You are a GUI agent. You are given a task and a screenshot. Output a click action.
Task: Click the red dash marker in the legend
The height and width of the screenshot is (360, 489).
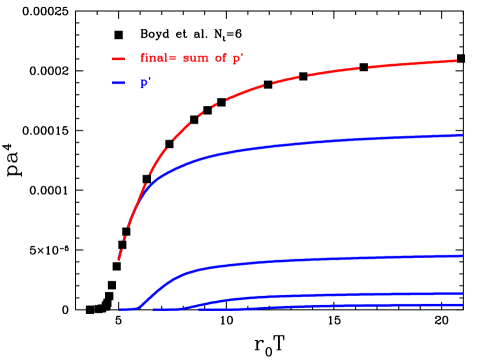[118, 60]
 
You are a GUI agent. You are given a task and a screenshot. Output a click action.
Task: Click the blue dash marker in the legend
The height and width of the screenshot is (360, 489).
[118, 84]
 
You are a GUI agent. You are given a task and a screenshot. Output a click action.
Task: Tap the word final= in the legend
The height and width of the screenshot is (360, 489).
[158, 59]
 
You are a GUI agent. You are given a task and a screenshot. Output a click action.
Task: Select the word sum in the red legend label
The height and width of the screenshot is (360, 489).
[196, 59]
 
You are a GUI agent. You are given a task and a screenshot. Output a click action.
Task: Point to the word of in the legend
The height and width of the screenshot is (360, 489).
[221, 59]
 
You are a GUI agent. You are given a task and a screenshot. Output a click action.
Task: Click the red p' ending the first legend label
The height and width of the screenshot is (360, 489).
[238, 60]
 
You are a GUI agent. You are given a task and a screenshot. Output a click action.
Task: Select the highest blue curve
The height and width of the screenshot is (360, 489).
[300, 144]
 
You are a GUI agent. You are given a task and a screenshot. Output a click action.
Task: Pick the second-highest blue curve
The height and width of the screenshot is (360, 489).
[300, 260]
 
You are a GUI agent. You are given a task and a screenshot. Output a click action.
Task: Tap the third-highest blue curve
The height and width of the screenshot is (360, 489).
[300, 295]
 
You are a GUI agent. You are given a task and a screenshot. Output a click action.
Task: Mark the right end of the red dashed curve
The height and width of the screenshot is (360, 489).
[457, 61]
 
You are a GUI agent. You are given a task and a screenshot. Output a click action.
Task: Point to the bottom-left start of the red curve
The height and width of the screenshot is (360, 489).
[118, 261]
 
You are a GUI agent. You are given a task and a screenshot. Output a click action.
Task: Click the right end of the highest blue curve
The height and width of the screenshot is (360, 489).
[462, 135]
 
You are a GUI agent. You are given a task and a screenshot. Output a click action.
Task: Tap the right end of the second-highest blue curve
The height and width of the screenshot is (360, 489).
[462, 256]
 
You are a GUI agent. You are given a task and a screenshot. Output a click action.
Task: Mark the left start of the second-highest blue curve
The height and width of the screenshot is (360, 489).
[120, 309]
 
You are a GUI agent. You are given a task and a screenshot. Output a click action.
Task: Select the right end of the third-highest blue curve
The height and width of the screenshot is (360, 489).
[462, 294]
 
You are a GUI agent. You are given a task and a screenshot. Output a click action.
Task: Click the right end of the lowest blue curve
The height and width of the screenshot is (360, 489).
[462, 305]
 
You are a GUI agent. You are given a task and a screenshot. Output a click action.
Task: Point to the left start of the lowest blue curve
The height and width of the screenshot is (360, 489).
[200, 309]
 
